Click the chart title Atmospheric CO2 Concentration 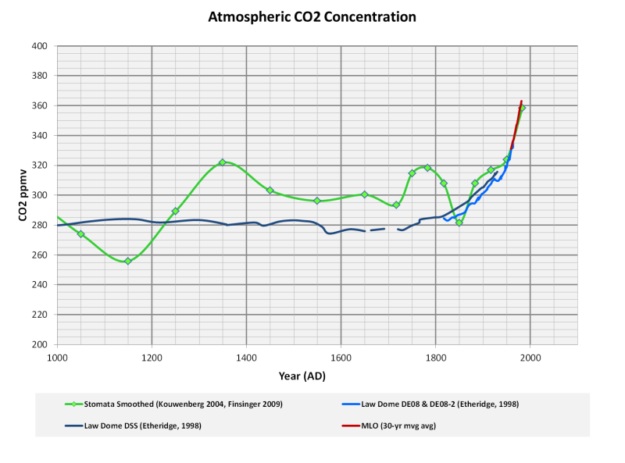click(x=312, y=16)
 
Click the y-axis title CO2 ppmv click(x=23, y=195)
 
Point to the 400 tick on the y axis click(x=41, y=46)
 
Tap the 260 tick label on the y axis click(x=41, y=255)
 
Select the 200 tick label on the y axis click(x=41, y=344)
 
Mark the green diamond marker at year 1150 click(x=128, y=261)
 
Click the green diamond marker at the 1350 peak click(x=223, y=162)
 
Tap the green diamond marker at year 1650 click(x=365, y=194)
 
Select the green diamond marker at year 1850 click(x=459, y=223)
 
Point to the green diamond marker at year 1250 click(x=176, y=211)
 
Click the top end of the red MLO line click(x=521, y=102)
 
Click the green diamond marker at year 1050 click(x=80, y=234)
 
